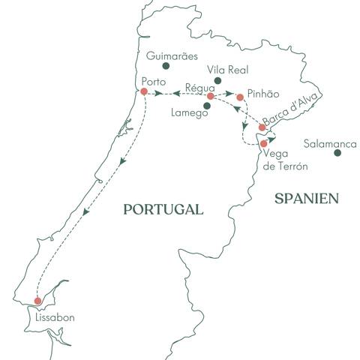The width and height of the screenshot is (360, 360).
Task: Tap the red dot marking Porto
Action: tap(143, 91)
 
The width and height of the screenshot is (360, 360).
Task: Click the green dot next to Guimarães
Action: tap(166, 66)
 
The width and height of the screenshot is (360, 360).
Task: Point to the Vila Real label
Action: tap(215, 67)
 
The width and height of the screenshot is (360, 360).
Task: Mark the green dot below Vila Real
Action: tap(217, 79)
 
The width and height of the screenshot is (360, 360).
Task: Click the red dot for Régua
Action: tap(211, 96)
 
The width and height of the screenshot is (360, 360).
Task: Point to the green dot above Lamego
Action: tap(208, 105)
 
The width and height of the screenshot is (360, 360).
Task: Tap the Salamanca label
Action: tap(331, 140)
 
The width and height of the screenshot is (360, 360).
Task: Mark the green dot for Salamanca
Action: tap(337, 152)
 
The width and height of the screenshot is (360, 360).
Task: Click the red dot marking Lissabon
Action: tap(38, 301)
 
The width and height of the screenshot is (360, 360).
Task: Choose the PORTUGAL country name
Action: tap(163, 210)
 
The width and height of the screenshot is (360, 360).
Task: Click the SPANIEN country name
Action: tap(306, 198)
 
